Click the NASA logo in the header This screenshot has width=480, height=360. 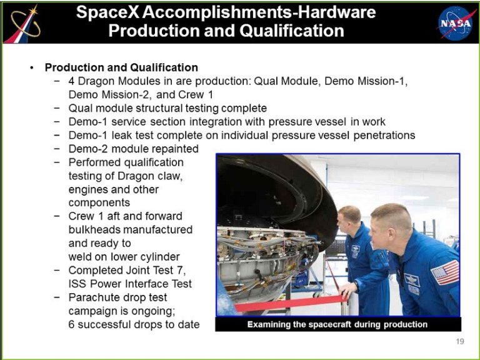tap(455, 23)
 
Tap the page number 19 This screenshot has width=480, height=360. tap(460, 341)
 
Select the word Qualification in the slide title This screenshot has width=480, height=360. tap(292, 31)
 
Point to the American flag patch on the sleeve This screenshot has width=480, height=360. tap(446, 272)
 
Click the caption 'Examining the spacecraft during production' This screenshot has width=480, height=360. tap(337, 324)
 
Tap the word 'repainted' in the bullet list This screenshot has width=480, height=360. tap(175, 149)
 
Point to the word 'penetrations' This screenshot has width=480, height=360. tap(384, 135)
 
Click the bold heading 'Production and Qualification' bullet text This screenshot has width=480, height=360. tap(121, 67)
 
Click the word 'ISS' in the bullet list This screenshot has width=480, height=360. tap(76, 284)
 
